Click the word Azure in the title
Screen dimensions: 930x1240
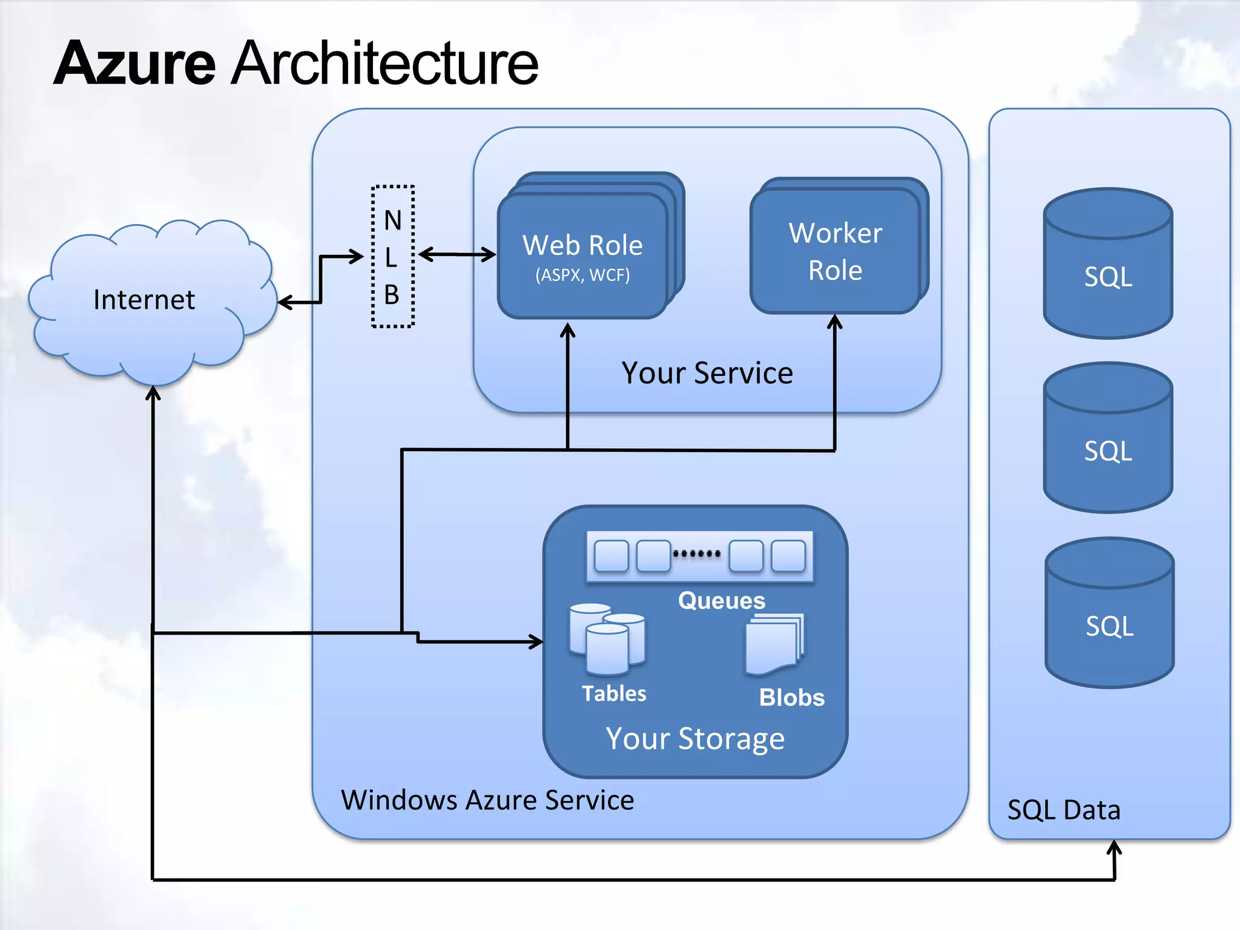click(134, 63)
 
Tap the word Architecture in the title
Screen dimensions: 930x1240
click(384, 63)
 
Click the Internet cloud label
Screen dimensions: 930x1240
click(144, 300)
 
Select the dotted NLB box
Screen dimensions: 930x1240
click(392, 257)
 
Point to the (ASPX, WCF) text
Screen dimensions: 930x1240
click(582, 275)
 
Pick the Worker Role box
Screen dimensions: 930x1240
click(835, 251)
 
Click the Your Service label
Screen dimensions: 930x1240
click(707, 373)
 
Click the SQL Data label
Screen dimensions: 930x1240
click(1064, 810)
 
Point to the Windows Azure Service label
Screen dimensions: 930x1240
click(487, 800)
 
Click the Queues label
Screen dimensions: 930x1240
click(721, 601)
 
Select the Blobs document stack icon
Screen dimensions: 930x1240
click(774, 644)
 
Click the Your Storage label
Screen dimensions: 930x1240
click(695, 739)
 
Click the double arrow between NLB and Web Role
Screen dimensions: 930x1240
click(457, 254)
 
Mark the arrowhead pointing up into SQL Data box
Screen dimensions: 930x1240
click(1114, 848)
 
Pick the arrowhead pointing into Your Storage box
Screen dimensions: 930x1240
click(536, 641)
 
